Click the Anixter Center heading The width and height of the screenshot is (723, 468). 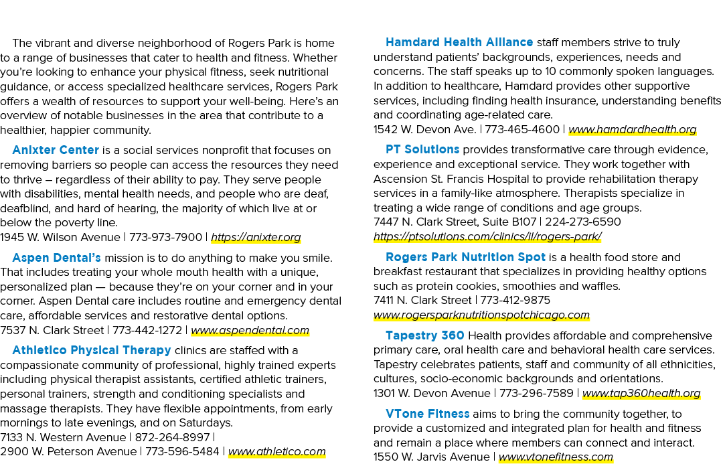click(x=56, y=151)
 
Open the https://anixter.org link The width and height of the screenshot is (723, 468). click(x=256, y=238)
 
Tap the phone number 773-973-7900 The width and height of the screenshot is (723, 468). click(x=165, y=238)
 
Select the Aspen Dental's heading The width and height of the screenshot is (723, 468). click(x=56, y=258)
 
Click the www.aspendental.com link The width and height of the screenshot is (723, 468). click(x=250, y=331)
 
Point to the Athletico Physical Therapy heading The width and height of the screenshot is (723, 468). click(x=92, y=350)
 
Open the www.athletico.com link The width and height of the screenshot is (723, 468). click(x=276, y=452)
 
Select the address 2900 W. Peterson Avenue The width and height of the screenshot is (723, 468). click(x=68, y=452)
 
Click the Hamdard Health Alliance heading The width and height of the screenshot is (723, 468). click(x=459, y=42)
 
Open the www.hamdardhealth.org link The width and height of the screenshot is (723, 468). click(x=632, y=130)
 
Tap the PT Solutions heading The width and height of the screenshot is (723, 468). click(x=422, y=150)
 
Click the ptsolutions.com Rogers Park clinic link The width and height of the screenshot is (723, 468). click(x=487, y=237)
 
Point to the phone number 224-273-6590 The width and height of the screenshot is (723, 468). click(x=583, y=222)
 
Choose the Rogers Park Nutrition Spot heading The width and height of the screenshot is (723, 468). click(x=465, y=257)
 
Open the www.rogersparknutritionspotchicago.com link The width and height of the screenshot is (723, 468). click(x=481, y=315)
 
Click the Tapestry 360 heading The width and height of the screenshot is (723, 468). click(x=424, y=335)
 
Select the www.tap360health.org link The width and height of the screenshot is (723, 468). click(x=641, y=394)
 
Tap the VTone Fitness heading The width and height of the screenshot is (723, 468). click(x=427, y=414)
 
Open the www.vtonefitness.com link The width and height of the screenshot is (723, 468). click(x=556, y=457)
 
